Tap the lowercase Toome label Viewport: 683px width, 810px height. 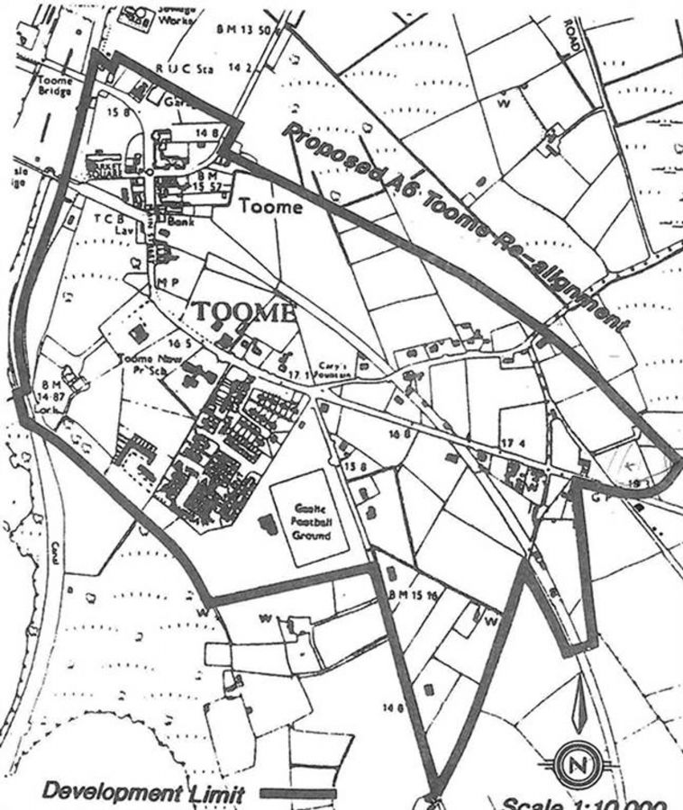coord(271,206)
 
